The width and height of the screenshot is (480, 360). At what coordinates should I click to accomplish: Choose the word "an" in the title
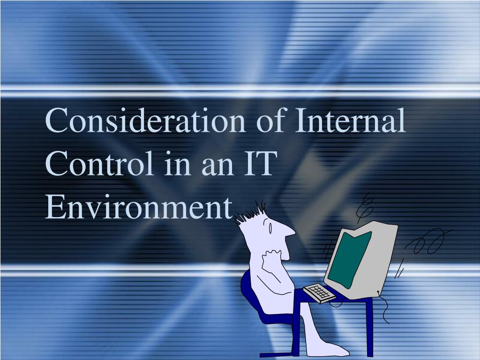coord(217,167)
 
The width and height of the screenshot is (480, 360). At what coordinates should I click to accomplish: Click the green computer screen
coord(349,260)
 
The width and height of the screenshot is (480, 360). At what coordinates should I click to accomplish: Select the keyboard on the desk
coord(319,293)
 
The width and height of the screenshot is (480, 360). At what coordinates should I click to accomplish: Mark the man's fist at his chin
coord(272,257)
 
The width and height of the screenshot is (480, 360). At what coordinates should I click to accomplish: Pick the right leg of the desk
coord(369,328)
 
